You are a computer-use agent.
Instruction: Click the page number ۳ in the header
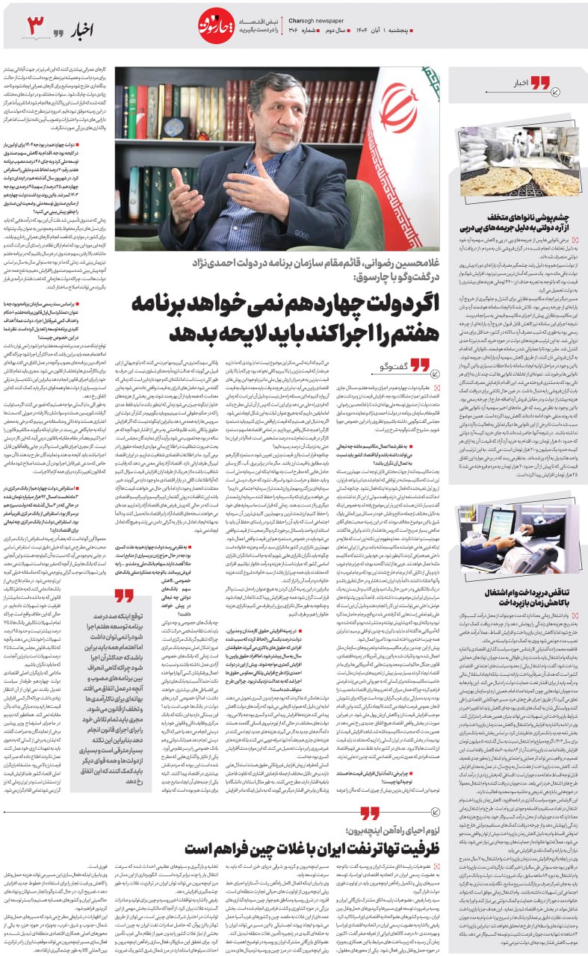click(37, 28)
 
